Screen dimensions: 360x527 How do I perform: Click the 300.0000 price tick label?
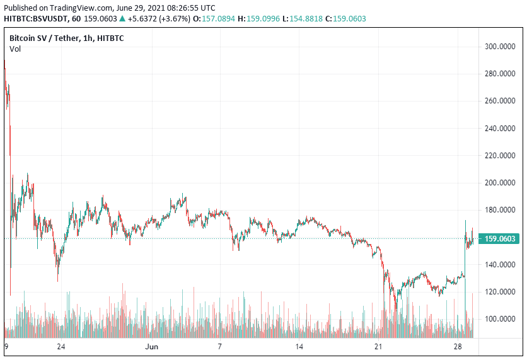coord(501,47)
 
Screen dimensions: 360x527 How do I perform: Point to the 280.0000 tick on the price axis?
coord(501,74)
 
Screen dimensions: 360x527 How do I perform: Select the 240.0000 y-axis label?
coord(501,129)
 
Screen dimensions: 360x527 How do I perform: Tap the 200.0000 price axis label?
coord(501,183)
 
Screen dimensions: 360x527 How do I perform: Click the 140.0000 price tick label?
coord(501,265)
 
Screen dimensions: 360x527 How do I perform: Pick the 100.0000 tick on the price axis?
coord(501,319)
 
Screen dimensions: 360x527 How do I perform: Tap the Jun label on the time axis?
coord(151,347)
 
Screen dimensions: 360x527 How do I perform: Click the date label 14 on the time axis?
coord(299,347)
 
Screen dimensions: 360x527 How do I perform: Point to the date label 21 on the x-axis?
coord(378,347)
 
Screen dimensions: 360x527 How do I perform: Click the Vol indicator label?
coord(14,49)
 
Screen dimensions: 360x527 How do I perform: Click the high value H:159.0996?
coord(259,19)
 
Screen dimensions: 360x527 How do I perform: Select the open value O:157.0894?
coord(213,19)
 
